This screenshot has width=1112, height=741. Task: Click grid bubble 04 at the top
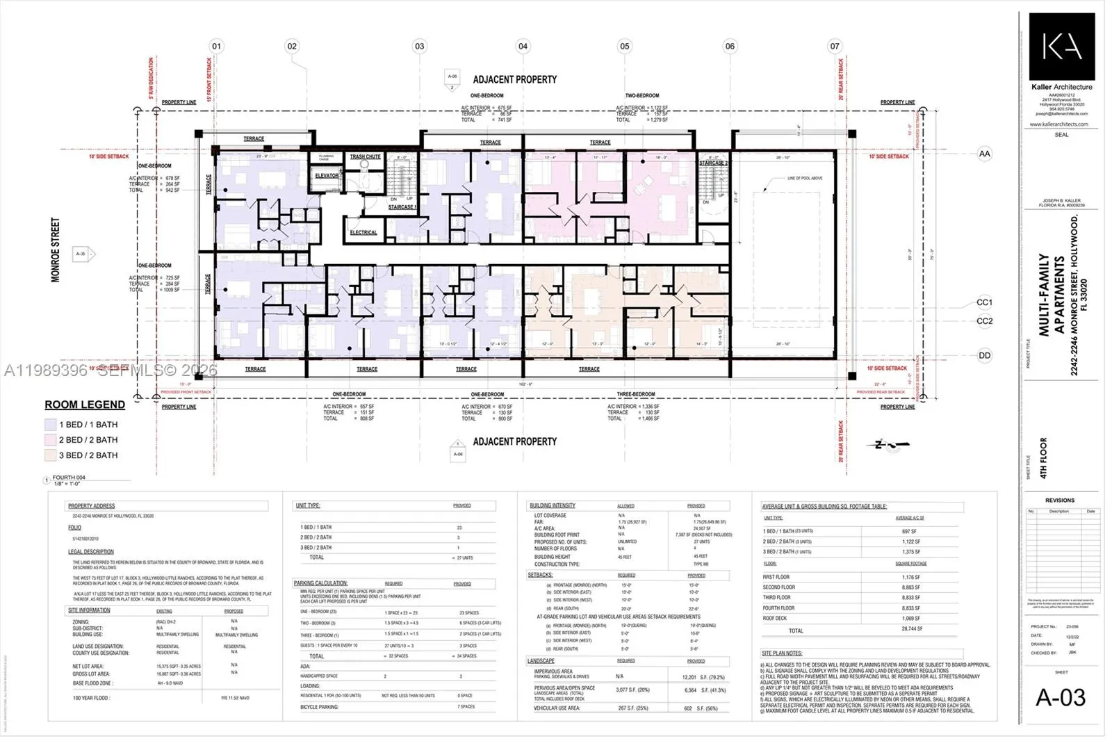tap(523, 46)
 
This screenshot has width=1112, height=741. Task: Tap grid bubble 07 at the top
tap(835, 46)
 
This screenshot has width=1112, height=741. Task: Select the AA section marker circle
tap(984, 154)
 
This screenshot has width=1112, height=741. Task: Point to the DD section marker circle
tap(984, 355)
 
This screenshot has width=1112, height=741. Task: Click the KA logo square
tap(1061, 47)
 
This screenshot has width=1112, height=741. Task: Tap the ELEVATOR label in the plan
tap(327, 176)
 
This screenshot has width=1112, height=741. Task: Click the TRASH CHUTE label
tap(365, 157)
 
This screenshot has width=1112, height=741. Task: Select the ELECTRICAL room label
tap(363, 233)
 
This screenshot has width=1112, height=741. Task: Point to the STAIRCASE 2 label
tap(713, 163)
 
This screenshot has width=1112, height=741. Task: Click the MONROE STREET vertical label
tap(56, 250)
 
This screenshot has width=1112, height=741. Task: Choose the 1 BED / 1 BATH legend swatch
tap(50, 425)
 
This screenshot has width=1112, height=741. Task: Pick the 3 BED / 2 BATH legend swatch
tap(50, 455)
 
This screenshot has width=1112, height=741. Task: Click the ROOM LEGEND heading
tap(85, 405)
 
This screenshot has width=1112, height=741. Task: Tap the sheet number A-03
tap(1060, 697)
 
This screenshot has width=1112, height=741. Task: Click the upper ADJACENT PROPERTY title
tap(514, 80)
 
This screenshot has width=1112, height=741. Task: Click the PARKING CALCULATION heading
tap(320, 583)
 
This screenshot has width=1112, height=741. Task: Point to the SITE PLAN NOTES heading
tap(782, 653)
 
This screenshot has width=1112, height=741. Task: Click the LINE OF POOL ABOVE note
tap(804, 179)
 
